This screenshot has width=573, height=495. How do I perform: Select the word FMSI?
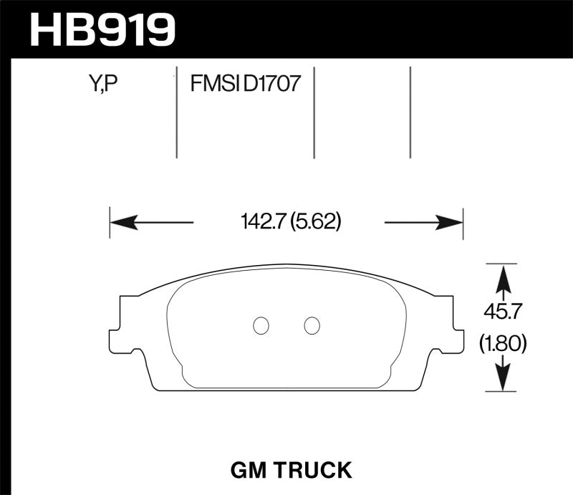[215, 86]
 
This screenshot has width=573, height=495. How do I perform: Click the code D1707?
[271, 86]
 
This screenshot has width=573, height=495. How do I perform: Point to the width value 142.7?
[263, 223]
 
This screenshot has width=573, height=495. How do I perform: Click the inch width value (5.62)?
[316, 223]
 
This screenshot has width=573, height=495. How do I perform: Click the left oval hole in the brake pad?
[261, 325]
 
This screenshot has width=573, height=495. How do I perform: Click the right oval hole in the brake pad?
[312, 325]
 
